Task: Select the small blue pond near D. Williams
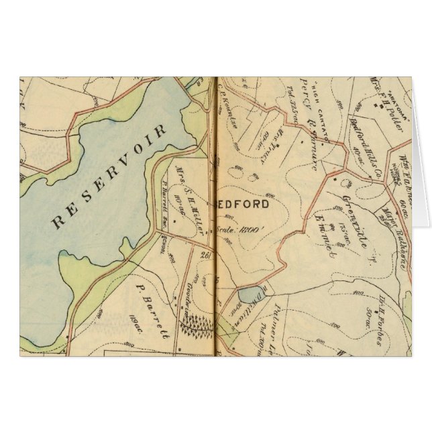tap(249, 294)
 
